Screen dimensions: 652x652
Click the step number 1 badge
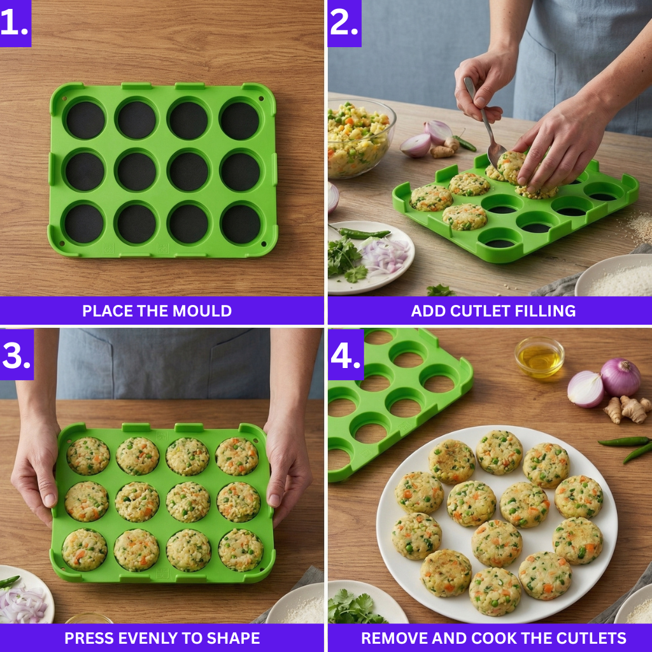coord(15,22)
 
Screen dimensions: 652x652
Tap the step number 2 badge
coord(344,23)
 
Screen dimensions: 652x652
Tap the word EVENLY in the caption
coord(143,638)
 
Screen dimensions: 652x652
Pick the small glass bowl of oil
coord(539,357)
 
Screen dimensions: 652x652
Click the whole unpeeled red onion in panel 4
coord(620,377)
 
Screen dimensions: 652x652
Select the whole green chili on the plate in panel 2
coord(363,233)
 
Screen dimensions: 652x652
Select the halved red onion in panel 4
coord(585,389)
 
